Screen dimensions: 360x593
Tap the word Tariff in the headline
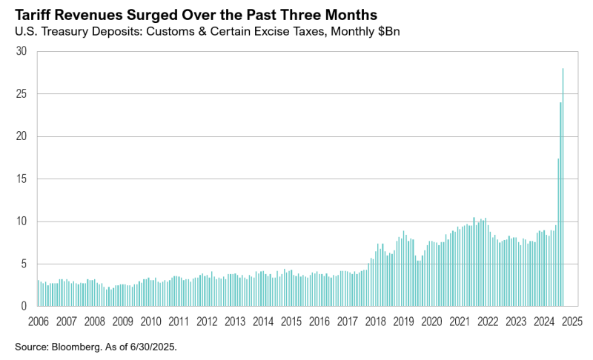click(x=33, y=14)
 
